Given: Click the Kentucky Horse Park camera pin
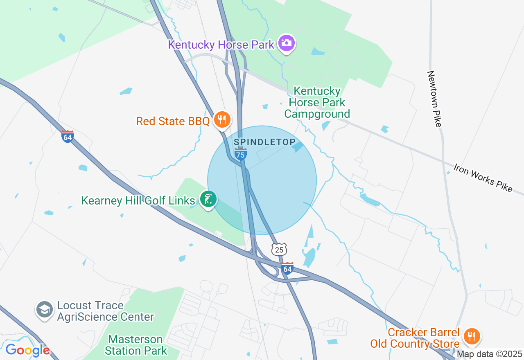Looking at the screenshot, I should point(287,43).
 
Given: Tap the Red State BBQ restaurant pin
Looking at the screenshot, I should point(222,119).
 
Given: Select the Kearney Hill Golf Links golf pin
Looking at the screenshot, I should point(208,199).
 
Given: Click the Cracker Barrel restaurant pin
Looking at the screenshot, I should point(472,336).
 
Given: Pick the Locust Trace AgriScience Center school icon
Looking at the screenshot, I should point(44,310).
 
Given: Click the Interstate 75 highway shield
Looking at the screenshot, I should point(241,154).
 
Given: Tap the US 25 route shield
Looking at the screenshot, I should point(279,249).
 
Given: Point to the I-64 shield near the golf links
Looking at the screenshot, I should point(68,136).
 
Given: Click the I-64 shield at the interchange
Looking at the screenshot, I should point(287,268).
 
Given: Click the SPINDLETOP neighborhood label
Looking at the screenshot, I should point(264,142).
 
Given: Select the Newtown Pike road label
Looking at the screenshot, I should point(435,99).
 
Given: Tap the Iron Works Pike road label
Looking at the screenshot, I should point(483,178).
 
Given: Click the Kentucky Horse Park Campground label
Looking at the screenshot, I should point(317,102).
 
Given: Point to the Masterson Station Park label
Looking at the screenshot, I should point(136,345).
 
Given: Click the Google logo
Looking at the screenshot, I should point(27,350).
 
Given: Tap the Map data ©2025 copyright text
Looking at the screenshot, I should point(489,354).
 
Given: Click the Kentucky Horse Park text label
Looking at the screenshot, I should point(221,44).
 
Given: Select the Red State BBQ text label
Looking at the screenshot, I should point(173,121).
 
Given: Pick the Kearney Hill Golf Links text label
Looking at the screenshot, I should point(138,200).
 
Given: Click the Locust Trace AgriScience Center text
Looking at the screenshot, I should point(105,311).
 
